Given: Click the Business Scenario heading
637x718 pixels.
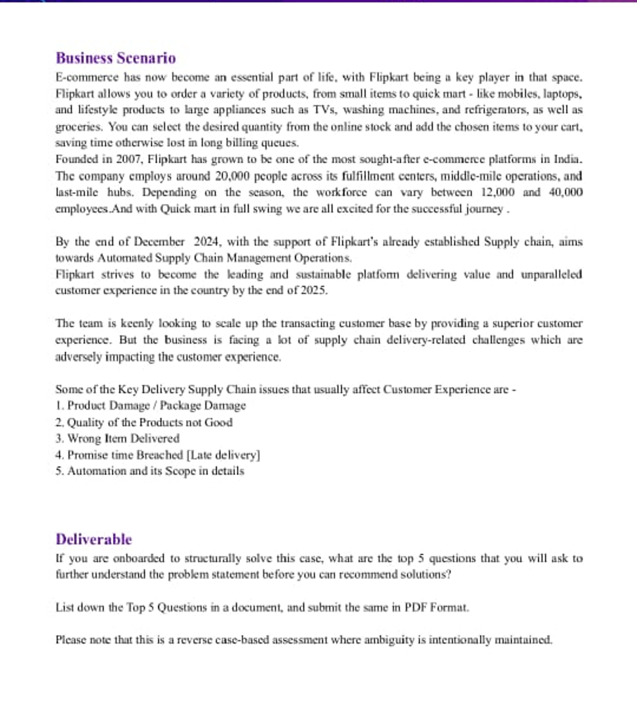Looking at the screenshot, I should tap(116, 58).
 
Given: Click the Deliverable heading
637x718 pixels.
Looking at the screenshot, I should tap(94, 539).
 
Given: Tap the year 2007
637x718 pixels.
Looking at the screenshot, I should tap(129, 159).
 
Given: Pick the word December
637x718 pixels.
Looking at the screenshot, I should tap(159, 241).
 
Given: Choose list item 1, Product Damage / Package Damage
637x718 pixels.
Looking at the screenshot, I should tap(150, 406).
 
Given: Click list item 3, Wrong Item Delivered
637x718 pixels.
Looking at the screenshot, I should tap(117, 439).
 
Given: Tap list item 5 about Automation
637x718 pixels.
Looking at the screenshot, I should tap(150, 471).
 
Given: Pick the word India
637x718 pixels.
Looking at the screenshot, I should tap(567, 159).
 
